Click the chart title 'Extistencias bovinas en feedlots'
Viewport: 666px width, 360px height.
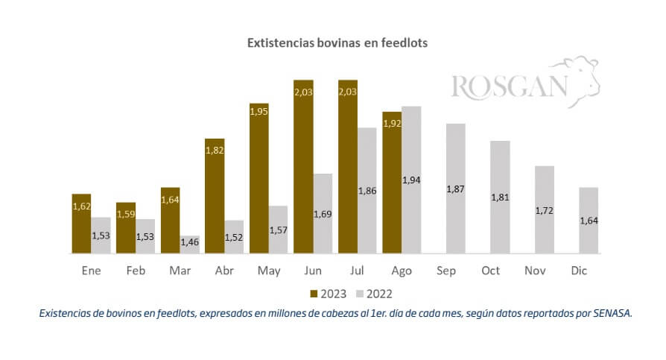coord(337,43)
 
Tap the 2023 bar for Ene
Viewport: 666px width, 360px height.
coord(81,224)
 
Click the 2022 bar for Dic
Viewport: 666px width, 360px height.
coord(589,221)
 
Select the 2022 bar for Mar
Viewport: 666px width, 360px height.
coord(189,245)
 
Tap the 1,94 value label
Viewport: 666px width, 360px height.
coord(410,180)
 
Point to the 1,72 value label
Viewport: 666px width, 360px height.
coord(545,212)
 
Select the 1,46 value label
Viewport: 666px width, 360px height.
coord(189,241)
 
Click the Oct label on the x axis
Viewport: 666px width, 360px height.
coord(490,271)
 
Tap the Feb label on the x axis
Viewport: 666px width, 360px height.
coord(135,271)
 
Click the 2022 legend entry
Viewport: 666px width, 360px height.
coord(377,294)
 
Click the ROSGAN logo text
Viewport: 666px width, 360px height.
coord(509,86)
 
